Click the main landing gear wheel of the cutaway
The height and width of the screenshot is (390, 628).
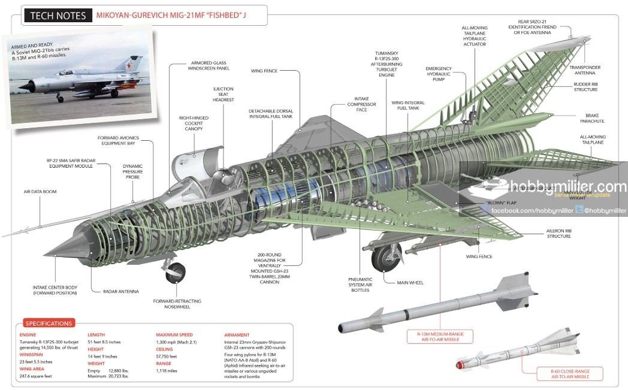pyautogui.click(x=384, y=258)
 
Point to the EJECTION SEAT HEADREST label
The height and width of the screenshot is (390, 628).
pyautogui.click(x=224, y=93)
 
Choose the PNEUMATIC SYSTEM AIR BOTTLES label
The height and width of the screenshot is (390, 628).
pyautogui.click(x=361, y=284)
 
